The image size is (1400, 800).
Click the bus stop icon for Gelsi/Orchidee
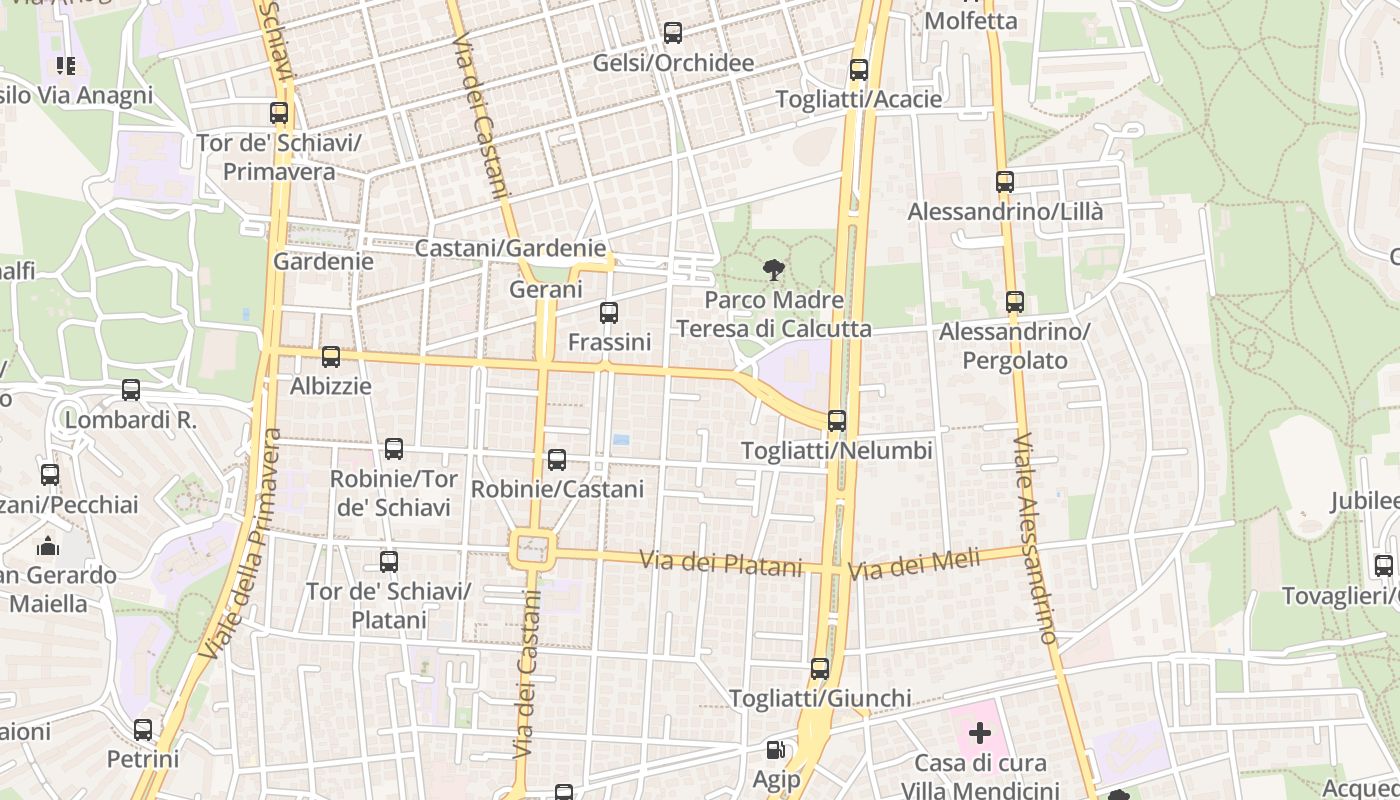(673, 33)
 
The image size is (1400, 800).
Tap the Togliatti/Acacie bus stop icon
(858, 70)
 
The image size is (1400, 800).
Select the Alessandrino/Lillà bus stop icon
(1005, 182)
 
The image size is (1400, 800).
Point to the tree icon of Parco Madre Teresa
(773, 269)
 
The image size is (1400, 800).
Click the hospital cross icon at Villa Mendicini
(979, 733)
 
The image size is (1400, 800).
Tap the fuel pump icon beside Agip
(775, 749)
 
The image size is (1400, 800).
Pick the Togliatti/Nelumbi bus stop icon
(837, 421)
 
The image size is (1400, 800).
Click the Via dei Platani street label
(721, 564)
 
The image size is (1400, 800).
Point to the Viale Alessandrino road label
(1036, 538)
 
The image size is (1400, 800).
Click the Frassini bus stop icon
(609, 313)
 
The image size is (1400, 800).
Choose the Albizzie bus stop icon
(331, 357)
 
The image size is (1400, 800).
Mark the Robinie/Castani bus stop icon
(557, 460)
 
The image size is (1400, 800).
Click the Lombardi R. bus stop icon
(131, 390)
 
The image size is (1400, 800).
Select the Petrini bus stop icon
(143, 730)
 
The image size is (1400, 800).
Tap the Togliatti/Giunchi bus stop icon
(820, 669)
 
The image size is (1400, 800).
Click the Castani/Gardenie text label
(510, 248)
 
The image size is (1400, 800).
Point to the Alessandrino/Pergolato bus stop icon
(1015, 302)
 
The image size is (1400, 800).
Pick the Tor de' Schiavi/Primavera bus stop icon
(279, 114)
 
